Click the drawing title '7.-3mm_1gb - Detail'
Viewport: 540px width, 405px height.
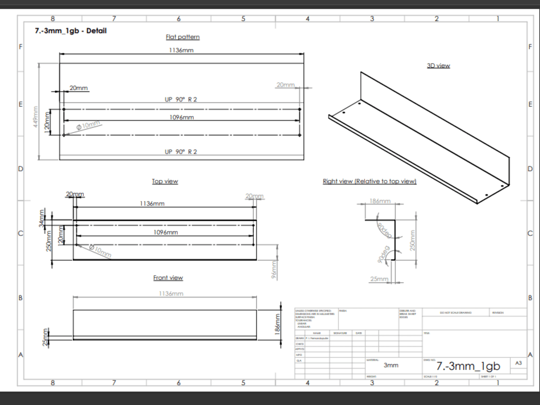coord(70,31)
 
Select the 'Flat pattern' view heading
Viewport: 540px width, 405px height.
coord(183,37)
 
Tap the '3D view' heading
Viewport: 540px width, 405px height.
coord(438,65)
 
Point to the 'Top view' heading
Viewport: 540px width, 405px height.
coord(165,181)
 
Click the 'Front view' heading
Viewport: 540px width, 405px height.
coord(168,278)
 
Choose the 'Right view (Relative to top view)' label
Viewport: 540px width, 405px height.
coord(369,181)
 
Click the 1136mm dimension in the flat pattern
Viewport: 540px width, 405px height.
coord(181,50)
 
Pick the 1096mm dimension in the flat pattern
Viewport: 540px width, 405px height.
coord(181,117)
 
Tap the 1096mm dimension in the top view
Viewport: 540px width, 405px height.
coord(165,232)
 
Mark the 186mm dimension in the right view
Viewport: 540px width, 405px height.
coord(380,201)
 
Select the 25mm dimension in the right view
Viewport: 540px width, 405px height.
coord(380,279)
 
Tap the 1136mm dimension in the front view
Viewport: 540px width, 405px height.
coord(171,293)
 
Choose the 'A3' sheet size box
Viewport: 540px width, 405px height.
coord(518,363)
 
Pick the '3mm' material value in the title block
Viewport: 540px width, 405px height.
coord(391,366)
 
